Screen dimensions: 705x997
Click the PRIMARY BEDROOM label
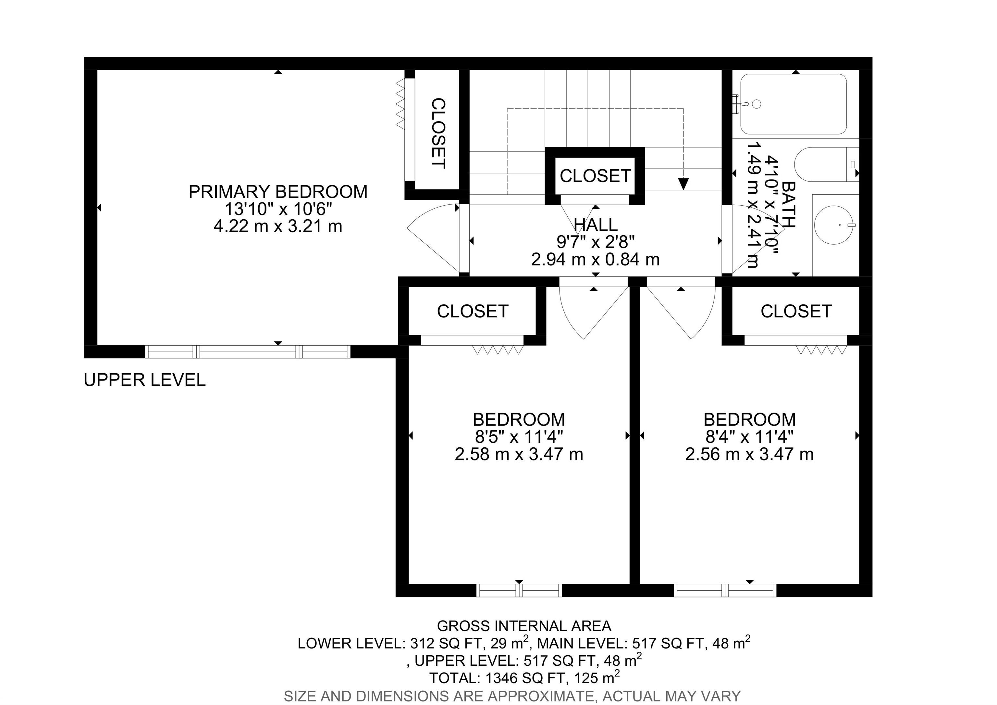[278, 192]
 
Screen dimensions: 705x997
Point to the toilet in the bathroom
[825, 164]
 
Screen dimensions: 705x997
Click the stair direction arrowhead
[683, 184]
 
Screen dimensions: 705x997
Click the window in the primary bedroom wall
[248, 351]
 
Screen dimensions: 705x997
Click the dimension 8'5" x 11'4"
[519, 436]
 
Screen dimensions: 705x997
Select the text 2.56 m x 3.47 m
[749, 454]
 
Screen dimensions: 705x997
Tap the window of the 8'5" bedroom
[519, 590]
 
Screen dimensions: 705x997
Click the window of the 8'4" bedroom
[725, 590]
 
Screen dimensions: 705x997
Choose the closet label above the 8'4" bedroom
[796, 311]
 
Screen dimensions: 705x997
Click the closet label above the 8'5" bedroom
[473, 311]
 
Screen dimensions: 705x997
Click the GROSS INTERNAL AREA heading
[524, 626]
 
